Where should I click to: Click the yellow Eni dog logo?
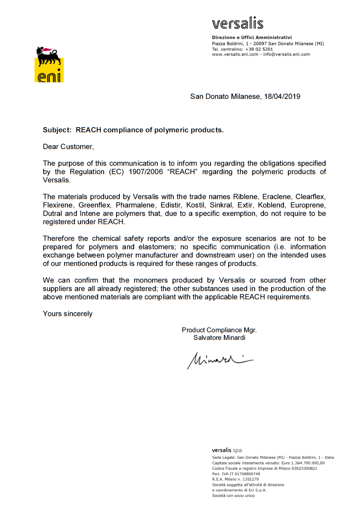49,64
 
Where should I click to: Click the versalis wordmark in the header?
237,24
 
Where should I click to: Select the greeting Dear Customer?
68,147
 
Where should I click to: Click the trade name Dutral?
53,214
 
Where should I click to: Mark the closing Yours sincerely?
67,314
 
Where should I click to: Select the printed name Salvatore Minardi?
219,338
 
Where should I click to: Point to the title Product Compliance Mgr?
219,330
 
